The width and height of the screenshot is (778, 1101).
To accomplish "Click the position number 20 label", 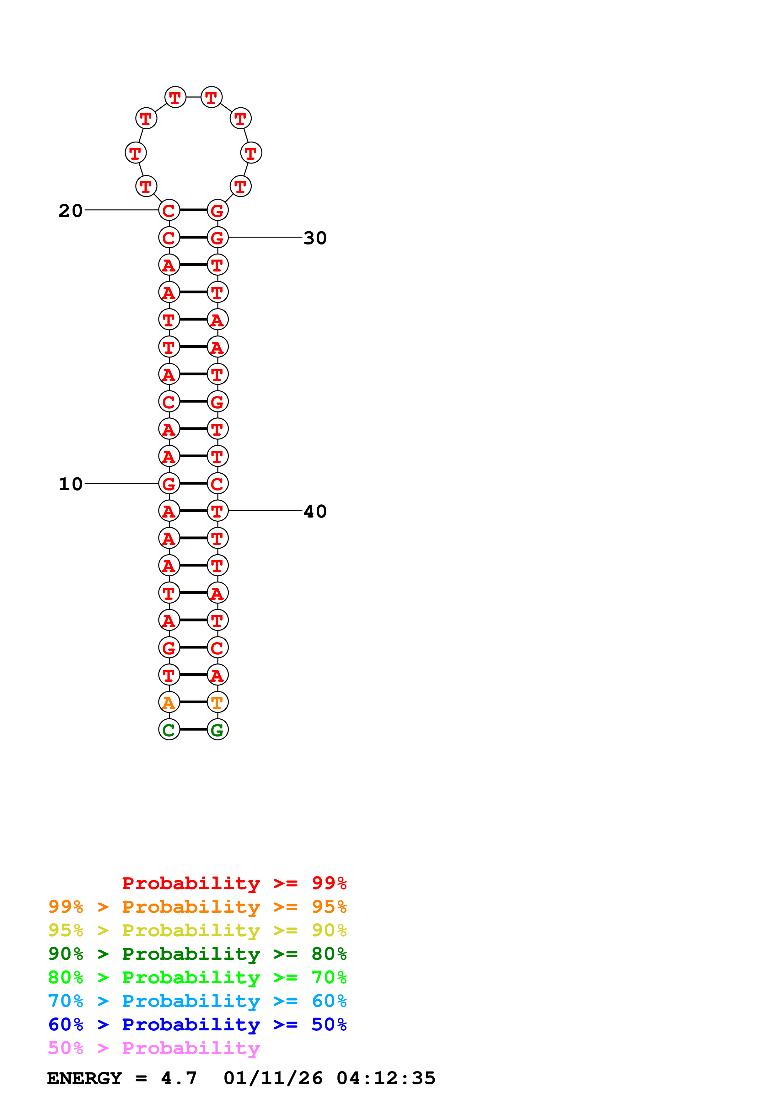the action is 71,211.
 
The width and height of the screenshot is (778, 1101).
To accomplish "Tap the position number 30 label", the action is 315,238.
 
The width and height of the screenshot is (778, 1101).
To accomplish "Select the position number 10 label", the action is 71,484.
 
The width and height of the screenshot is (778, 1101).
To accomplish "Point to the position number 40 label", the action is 315,511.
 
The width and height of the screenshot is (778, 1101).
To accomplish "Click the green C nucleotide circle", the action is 169,730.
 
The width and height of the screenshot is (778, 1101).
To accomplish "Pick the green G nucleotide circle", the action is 217,730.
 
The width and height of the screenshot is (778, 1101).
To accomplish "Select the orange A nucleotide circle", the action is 169,702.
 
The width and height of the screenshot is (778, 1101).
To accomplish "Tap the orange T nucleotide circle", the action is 217,702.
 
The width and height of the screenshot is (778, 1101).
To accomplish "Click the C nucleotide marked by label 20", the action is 169,210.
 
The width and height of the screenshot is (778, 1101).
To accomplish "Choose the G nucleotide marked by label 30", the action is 217,237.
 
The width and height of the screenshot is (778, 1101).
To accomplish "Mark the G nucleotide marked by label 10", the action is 169,483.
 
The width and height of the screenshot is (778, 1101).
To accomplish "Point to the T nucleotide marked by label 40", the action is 217,511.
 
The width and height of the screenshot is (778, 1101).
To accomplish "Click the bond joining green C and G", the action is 193,729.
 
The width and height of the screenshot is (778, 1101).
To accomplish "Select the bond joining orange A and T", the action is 193,702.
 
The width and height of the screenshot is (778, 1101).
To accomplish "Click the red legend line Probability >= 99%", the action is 234,883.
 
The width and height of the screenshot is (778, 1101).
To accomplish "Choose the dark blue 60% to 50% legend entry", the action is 197,1024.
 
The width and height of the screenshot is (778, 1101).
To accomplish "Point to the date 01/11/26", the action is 273,1078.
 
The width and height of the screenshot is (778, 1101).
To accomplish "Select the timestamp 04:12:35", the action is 386,1078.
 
